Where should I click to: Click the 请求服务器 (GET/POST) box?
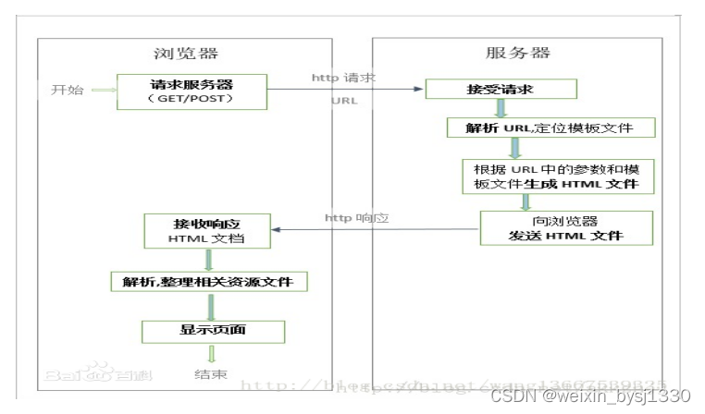click(192, 91)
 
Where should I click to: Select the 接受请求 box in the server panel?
click(501, 89)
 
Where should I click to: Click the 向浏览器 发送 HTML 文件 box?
click(565, 227)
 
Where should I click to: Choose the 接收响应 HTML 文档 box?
click(207, 230)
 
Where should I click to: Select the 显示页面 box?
click(212, 330)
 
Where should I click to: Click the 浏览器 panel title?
click(185, 53)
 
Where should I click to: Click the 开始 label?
click(68, 90)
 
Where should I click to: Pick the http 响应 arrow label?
click(356, 218)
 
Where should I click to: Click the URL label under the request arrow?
click(344, 100)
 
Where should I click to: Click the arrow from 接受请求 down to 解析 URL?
click(501, 107)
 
